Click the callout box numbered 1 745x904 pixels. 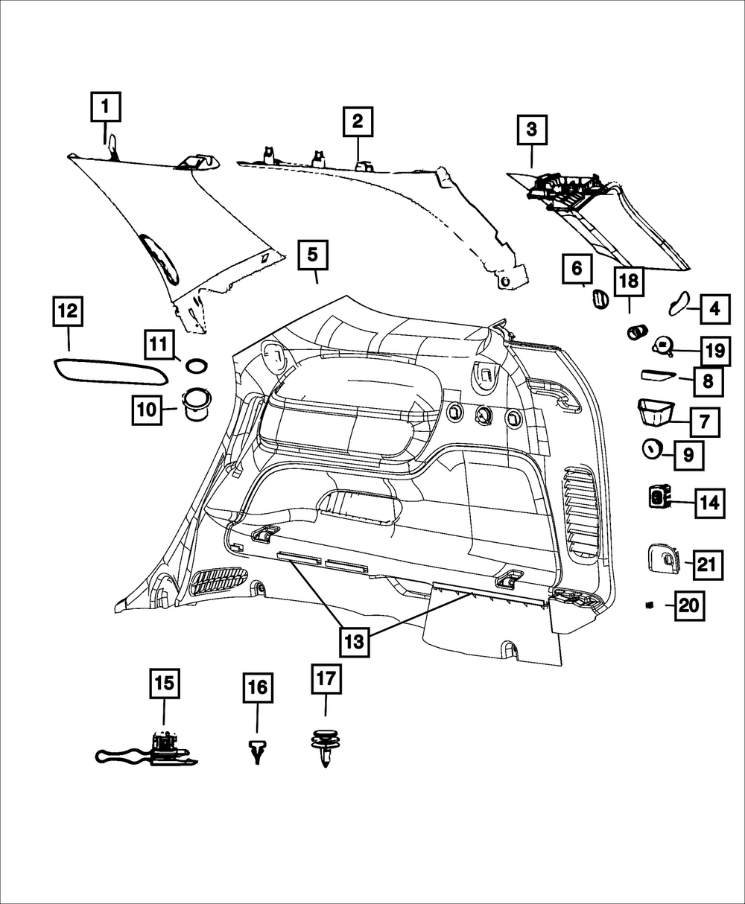(106, 106)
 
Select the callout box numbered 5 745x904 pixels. (313, 255)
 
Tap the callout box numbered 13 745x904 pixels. (355, 641)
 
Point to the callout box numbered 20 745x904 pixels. (689, 605)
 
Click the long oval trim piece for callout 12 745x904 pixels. (110, 372)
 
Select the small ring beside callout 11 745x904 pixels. (196, 366)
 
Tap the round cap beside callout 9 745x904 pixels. (652, 448)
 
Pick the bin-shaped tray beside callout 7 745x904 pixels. (656, 413)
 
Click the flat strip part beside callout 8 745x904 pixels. (659, 375)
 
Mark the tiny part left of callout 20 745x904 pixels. (650, 605)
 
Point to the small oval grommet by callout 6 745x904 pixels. (600, 299)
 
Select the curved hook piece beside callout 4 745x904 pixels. (679, 303)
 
